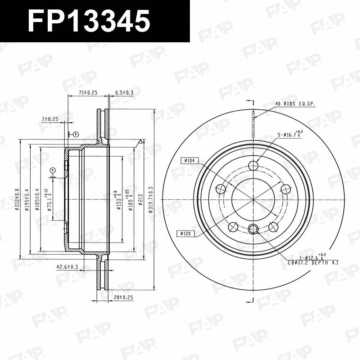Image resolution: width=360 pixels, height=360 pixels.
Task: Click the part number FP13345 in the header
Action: coord(88,21)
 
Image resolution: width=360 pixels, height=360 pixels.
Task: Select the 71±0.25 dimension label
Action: coord(88,92)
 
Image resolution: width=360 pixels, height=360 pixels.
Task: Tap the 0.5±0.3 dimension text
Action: coord(124,92)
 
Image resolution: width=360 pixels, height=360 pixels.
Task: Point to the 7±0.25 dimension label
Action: coord(50,119)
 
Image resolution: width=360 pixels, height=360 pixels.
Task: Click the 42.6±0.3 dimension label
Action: coord(67,267)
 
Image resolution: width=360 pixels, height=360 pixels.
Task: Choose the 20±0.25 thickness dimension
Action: coord(124,297)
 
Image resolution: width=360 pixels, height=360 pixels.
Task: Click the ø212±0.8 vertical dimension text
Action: coord(16,199)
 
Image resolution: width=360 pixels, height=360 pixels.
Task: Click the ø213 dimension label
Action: coord(140,200)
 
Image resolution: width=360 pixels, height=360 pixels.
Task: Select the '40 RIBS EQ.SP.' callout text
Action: coord(296,104)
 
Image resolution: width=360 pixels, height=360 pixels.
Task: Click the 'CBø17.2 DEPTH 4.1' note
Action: coord(313,262)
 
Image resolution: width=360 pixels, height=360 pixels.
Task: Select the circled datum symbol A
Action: coord(53,170)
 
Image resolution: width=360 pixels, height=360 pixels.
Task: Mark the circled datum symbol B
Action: coord(75,134)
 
